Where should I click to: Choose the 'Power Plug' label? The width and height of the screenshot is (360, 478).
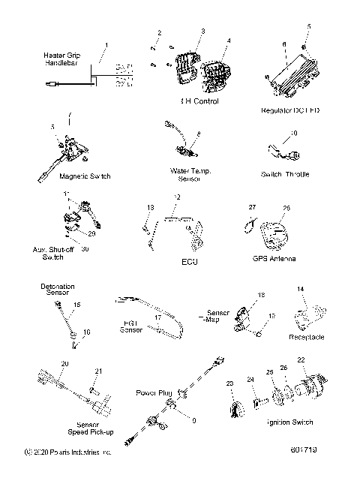click(155, 392)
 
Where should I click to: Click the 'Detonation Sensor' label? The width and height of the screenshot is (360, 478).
click(56, 290)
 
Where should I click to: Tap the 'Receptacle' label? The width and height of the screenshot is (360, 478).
click(306, 338)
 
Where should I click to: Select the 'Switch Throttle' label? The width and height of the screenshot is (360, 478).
click(284, 174)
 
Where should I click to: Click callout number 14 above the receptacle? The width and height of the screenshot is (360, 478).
click(301, 288)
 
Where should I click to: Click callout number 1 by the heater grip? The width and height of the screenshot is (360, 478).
click(106, 46)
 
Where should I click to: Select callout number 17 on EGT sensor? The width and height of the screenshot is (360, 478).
click(179, 318)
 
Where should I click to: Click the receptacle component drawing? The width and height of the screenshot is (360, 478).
click(307, 315)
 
